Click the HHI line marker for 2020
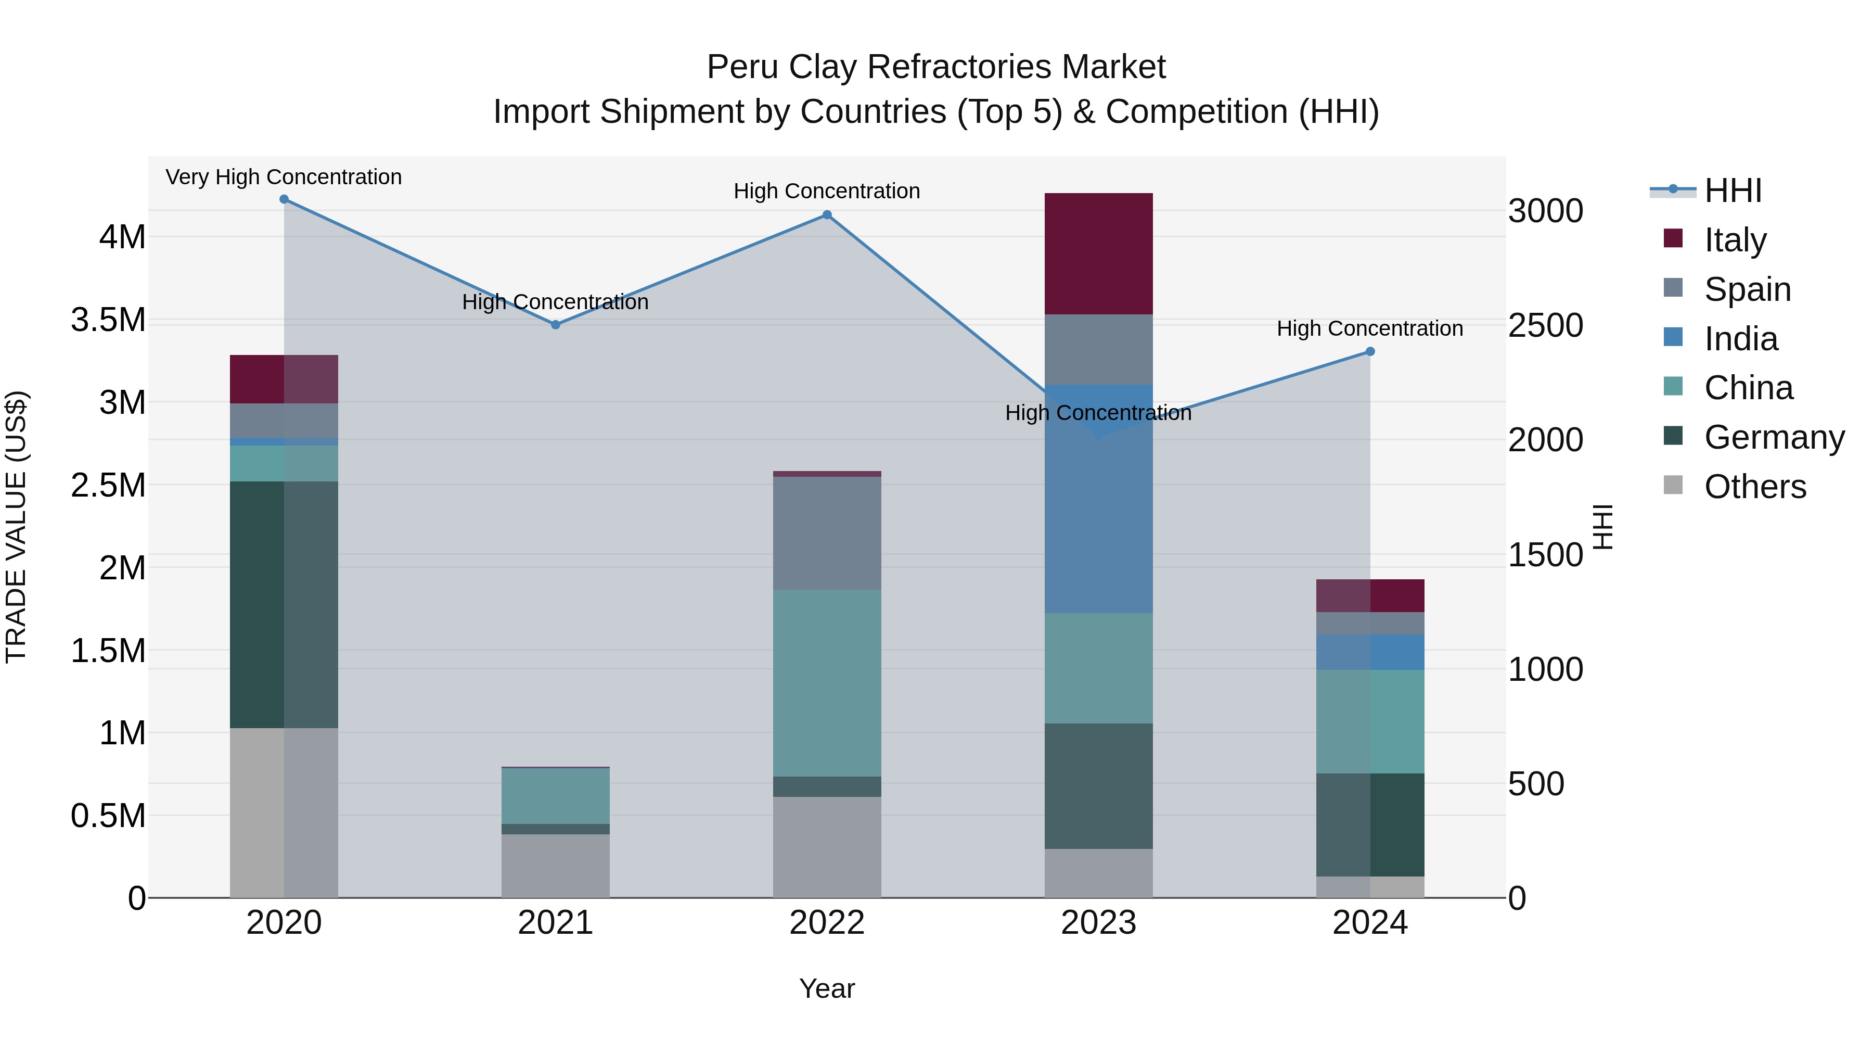[284, 199]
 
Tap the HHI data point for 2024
[1370, 351]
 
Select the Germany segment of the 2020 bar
[284, 604]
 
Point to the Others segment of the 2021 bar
[556, 866]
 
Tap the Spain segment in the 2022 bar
[827, 532]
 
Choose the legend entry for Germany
[1774, 437]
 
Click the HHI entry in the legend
[1733, 191]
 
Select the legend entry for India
[1741, 339]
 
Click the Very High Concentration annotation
[284, 177]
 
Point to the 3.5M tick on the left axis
[108, 320]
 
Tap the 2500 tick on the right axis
[1545, 326]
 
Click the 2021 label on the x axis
[556, 922]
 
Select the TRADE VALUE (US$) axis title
[17, 527]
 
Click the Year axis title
[827, 988]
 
